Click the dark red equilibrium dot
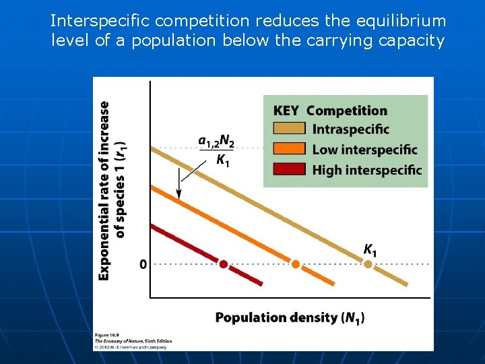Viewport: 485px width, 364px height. click(x=224, y=264)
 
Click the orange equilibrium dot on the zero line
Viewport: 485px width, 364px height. click(x=295, y=264)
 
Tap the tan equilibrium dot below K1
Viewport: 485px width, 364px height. click(x=368, y=264)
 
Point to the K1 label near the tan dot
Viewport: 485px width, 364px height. click(x=370, y=249)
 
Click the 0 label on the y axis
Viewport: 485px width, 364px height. click(x=143, y=264)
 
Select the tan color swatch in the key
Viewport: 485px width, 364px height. click(x=289, y=129)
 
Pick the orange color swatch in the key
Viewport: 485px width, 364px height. click(x=289, y=149)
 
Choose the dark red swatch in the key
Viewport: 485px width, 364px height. click(x=289, y=169)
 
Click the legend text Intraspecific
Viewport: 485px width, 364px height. click(x=350, y=129)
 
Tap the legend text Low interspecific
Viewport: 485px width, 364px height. click(x=364, y=150)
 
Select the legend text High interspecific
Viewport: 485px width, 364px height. click(x=366, y=170)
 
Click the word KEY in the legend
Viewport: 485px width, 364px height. click(x=286, y=111)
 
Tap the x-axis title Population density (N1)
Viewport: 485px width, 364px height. click(x=290, y=317)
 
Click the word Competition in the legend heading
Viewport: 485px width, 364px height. click(x=347, y=111)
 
